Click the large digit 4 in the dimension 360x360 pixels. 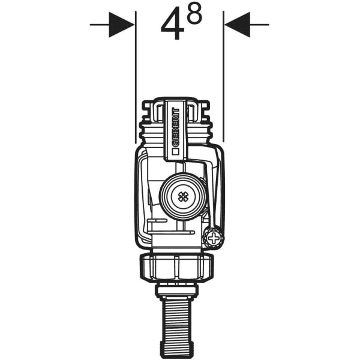(172, 26)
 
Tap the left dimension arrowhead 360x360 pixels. (122, 25)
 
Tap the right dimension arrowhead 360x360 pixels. (237, 25)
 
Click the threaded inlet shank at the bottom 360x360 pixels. (176, 324)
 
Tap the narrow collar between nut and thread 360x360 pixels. (176, 291)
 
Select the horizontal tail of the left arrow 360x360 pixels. (99, 25)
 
